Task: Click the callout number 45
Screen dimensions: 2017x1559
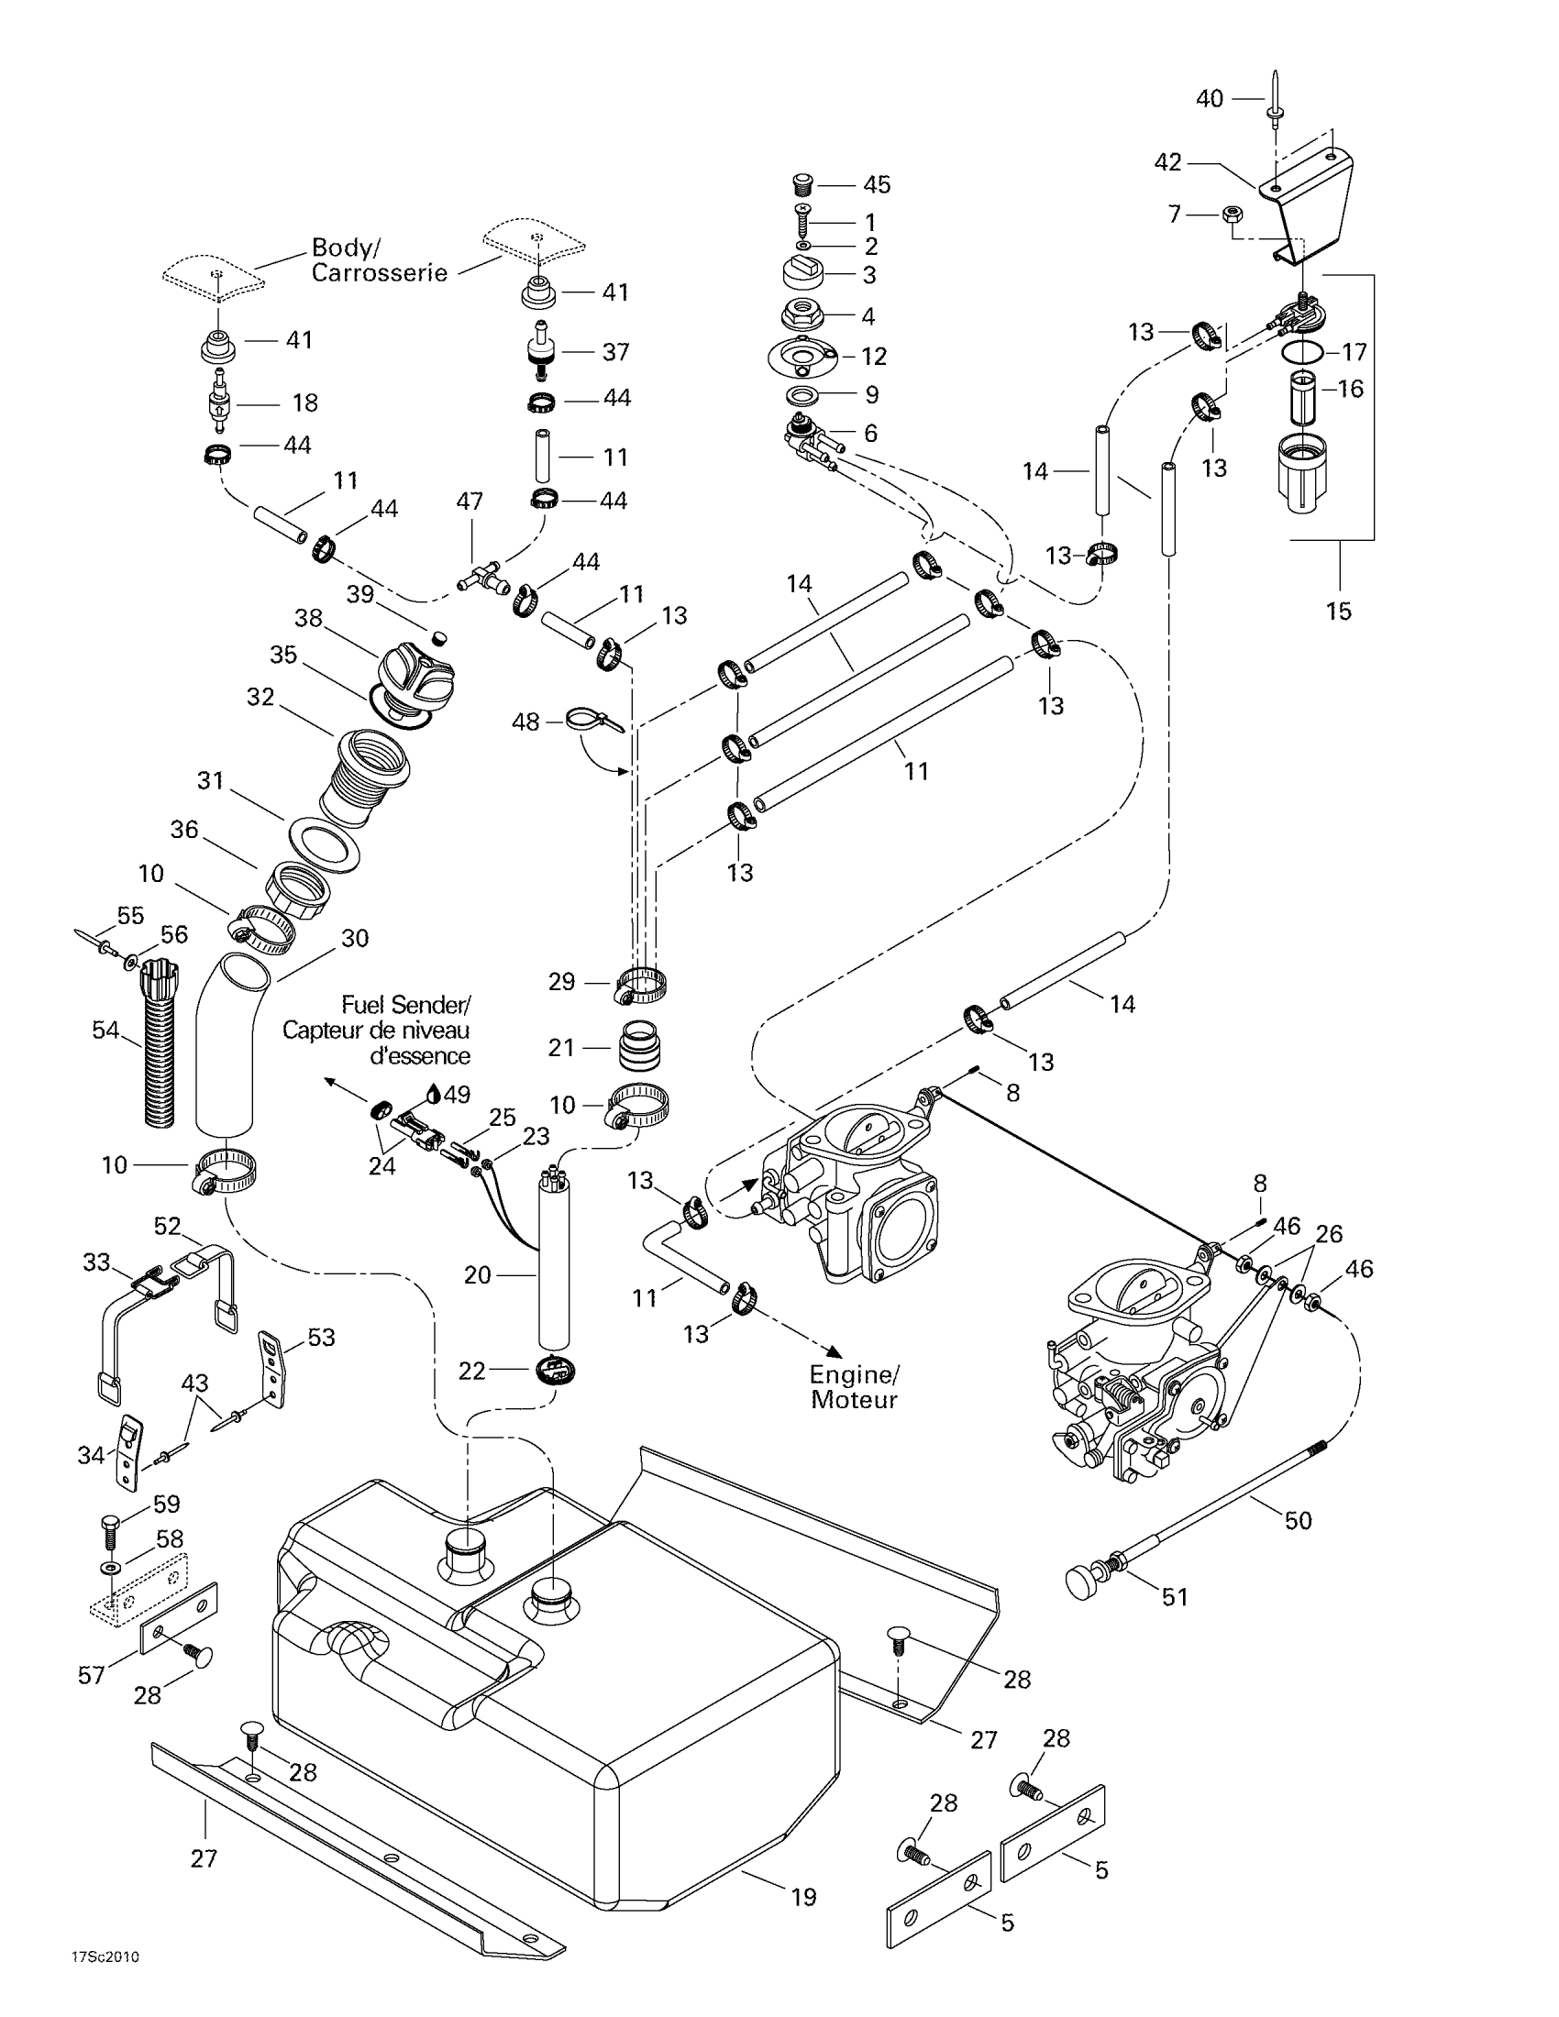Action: [877, 184]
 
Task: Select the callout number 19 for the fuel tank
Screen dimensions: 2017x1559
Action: [803, 1897]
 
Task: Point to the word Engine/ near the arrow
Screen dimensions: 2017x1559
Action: [855, 1374]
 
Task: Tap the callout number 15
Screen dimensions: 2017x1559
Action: [1338, 611]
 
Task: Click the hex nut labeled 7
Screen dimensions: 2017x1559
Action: [1231, 215]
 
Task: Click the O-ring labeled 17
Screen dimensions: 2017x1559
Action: [1302, 352]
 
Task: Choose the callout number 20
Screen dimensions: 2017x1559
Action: [478, 1274]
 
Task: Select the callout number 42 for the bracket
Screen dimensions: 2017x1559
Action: [1168, 162]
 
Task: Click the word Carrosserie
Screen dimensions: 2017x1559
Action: [379, 273]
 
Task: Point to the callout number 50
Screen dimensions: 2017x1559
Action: [1298, 1520]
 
